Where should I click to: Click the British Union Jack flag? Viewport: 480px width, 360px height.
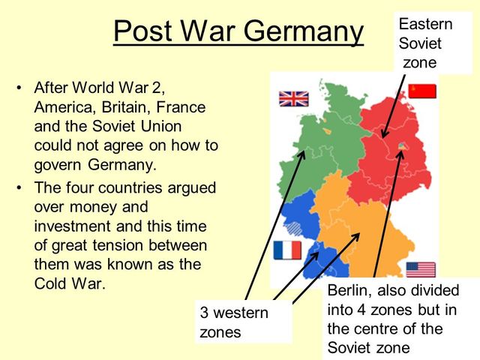point(294,98)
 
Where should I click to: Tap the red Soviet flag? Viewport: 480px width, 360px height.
point(422,91)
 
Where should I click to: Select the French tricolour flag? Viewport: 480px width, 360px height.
point(287,250)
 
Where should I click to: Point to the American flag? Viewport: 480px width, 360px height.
point(421,269)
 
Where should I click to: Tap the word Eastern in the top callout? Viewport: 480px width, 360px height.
point(425,24)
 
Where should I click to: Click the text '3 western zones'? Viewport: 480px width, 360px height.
point(233,321)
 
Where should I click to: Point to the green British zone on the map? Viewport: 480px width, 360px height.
point(322,150)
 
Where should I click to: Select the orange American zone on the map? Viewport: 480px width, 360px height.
point(360,225)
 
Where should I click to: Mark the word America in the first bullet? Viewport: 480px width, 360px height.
point(64,108)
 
